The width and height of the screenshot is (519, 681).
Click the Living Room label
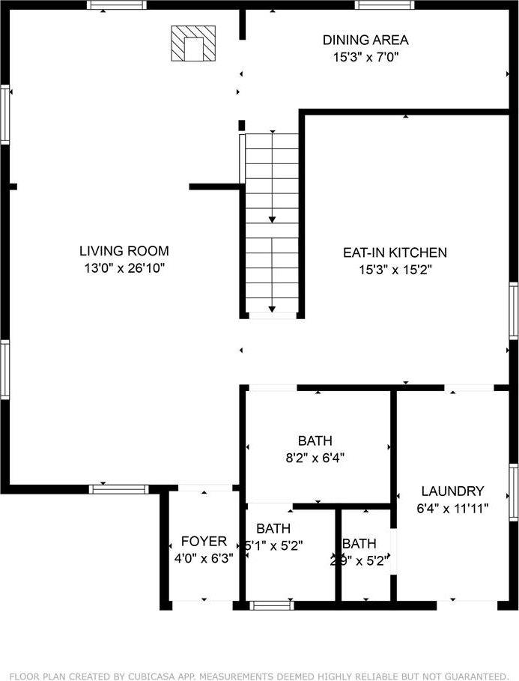click(124, 251)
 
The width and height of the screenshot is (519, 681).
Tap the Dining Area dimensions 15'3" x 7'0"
click(365, 56)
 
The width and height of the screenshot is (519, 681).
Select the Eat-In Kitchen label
click(395, 253)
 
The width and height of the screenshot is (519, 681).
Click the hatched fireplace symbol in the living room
click(193, 44)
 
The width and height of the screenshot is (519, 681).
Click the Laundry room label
click(452, 491)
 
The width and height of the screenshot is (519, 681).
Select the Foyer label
click(204, 542)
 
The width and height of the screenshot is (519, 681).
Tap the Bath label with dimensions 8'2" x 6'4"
click(315, 441)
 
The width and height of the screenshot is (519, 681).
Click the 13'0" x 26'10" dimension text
click(124, 268)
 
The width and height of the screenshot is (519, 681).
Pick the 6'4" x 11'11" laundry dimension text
click(452, 508)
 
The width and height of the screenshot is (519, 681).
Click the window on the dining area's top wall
click(385, 5)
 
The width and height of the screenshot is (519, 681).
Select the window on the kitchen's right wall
click(514, 310)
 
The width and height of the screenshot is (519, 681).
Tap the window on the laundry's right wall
click(514, 492)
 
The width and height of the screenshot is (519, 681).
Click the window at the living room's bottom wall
click(119, 489)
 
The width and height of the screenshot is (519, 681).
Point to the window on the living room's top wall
click(115, 5)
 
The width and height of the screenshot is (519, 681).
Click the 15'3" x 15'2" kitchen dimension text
click(395, 270)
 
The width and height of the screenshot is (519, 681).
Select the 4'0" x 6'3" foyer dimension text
click(204, 558)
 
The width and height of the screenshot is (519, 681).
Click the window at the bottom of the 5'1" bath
click(271, 605)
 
